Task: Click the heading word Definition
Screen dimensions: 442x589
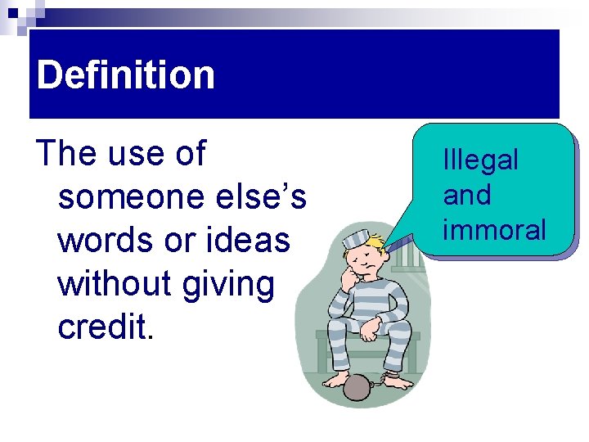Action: pyautogui.click(x=125, y=75)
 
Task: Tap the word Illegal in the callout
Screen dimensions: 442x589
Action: pyautogui.click(x=480, y=160)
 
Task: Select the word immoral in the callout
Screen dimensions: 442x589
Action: pyautogui.click(x=494, y=230)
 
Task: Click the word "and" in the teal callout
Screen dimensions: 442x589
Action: pyautogui.click(x=467, y=195)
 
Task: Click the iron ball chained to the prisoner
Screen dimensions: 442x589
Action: pyautogui.click(x=357, y=386)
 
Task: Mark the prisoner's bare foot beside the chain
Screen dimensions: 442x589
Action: pyautogui.click(x=398, y=379)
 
